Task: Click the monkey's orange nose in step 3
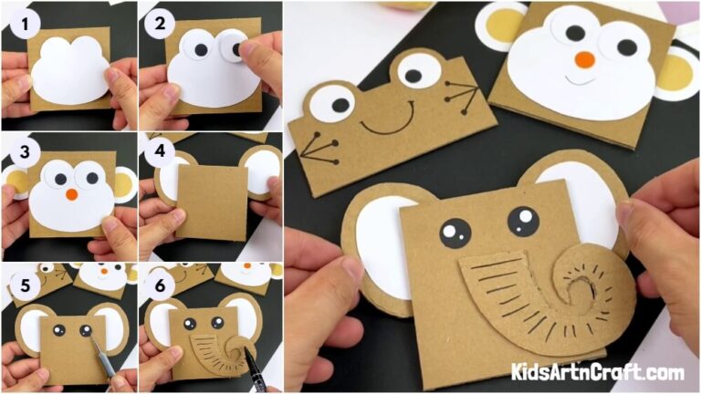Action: click(x=70, y=193)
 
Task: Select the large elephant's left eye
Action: click(x=453, y=233)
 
